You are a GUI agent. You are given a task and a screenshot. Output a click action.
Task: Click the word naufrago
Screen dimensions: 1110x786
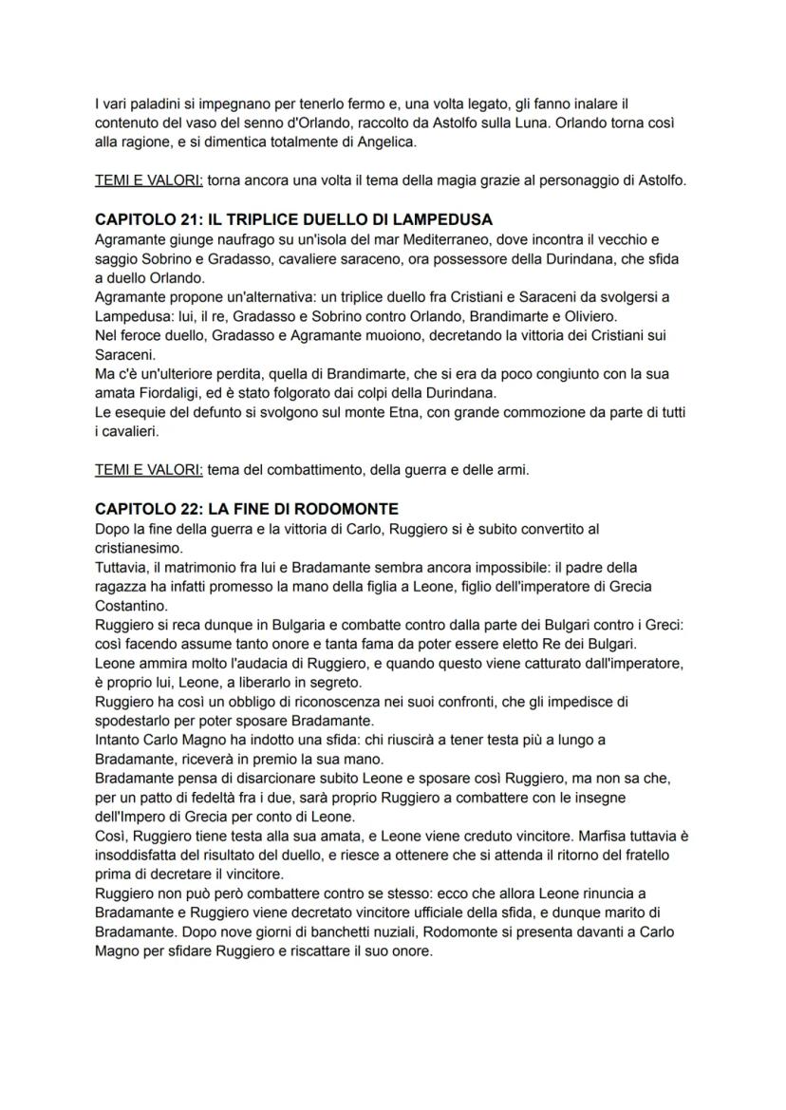pyautogui.click(x=214, y=239)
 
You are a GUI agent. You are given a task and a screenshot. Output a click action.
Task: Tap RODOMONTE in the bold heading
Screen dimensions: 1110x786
pyautogui.click(x=337, y=509)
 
